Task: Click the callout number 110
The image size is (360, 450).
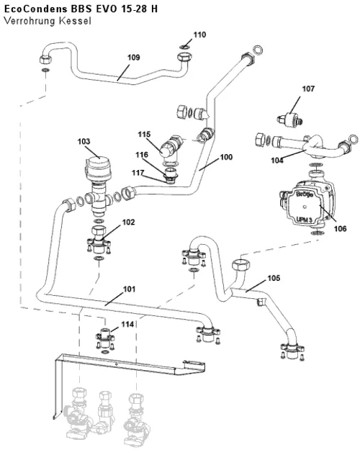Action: point(199,35)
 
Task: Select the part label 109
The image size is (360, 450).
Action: point(133,58)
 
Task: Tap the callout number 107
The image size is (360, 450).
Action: point(308,89)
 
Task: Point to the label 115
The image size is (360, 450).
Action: point(144,135)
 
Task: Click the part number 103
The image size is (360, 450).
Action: point(84,141)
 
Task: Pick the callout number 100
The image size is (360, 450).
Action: point(226,157)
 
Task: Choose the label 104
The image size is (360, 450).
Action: point(277,161)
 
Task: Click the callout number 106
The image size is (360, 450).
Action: point(340,229)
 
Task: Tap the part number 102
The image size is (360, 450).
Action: point(128,222)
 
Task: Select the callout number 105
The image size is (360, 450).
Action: point(274,278)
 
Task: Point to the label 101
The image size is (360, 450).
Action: point(129,289)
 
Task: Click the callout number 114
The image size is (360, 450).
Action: point(127,324)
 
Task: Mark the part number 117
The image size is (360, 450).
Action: point(138,173)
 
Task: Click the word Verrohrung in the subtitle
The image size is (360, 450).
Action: point(30,21)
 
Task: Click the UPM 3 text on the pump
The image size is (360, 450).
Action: point(304,220)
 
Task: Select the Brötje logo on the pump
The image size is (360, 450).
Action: point(305,194)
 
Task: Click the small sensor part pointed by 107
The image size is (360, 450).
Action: point(290,119)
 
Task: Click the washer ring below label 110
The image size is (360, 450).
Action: point(185,47)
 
